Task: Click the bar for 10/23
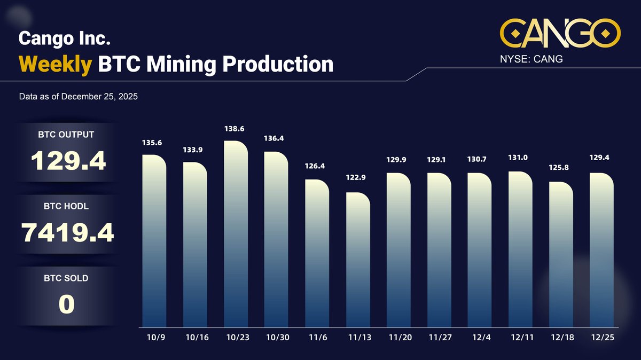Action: click(x=236, y=235)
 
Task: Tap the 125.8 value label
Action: click(x=559, y=168)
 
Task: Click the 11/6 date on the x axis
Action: click(x=317, y=339)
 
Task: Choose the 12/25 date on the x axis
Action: click(x=601, y=339)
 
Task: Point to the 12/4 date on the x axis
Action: click(x=479, y=339)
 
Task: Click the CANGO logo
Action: click(x=560, y=33)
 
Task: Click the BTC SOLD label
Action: click(x=66, y=278)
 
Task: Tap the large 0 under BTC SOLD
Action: click(x=66, y=304)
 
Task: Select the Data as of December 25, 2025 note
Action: click(x=78, y=97)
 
